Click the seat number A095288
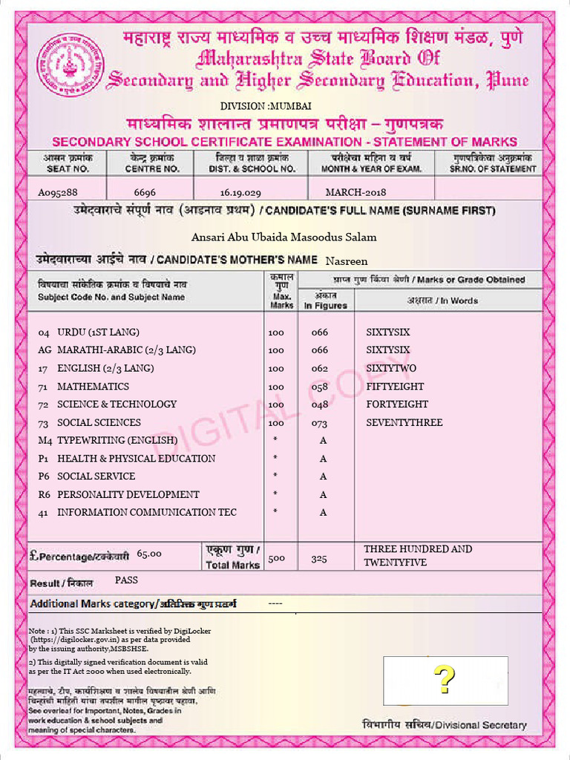click(58, 192)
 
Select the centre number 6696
click(145, 192)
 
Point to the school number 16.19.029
click(240, 192)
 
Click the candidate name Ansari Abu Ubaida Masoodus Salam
click(284, 237)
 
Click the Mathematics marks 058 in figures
click(319, 387)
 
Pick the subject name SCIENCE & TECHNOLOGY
click(117, 404)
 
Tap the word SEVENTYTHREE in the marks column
click(404, 422)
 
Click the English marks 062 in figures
click(319, 369)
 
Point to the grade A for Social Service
click(323, 476)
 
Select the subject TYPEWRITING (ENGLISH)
click(117, 440)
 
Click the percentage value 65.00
click(149, 554)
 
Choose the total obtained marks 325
click(319, 559)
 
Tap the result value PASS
click(127, 580)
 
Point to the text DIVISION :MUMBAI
click(255, 106)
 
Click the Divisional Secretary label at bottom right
click(444, 725)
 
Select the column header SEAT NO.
click(63, 168)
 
